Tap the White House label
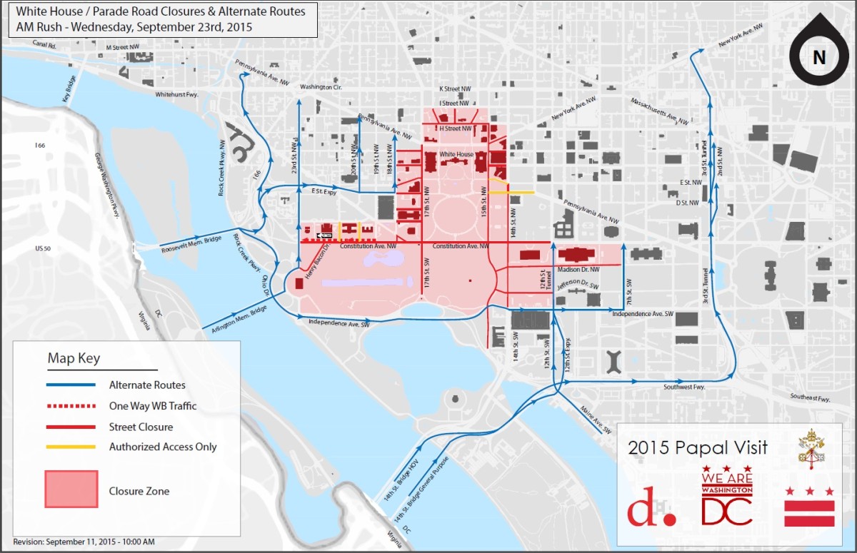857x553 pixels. tap(456, 154)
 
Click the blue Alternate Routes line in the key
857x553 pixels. tap(71, 385)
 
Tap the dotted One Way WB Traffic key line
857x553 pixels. tap(71, 407)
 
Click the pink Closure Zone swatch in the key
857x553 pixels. tap(71, 489)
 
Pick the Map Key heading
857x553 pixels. tap(74, 357)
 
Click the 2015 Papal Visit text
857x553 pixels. tap(698, 448)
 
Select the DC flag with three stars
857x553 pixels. tap(809, 507)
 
